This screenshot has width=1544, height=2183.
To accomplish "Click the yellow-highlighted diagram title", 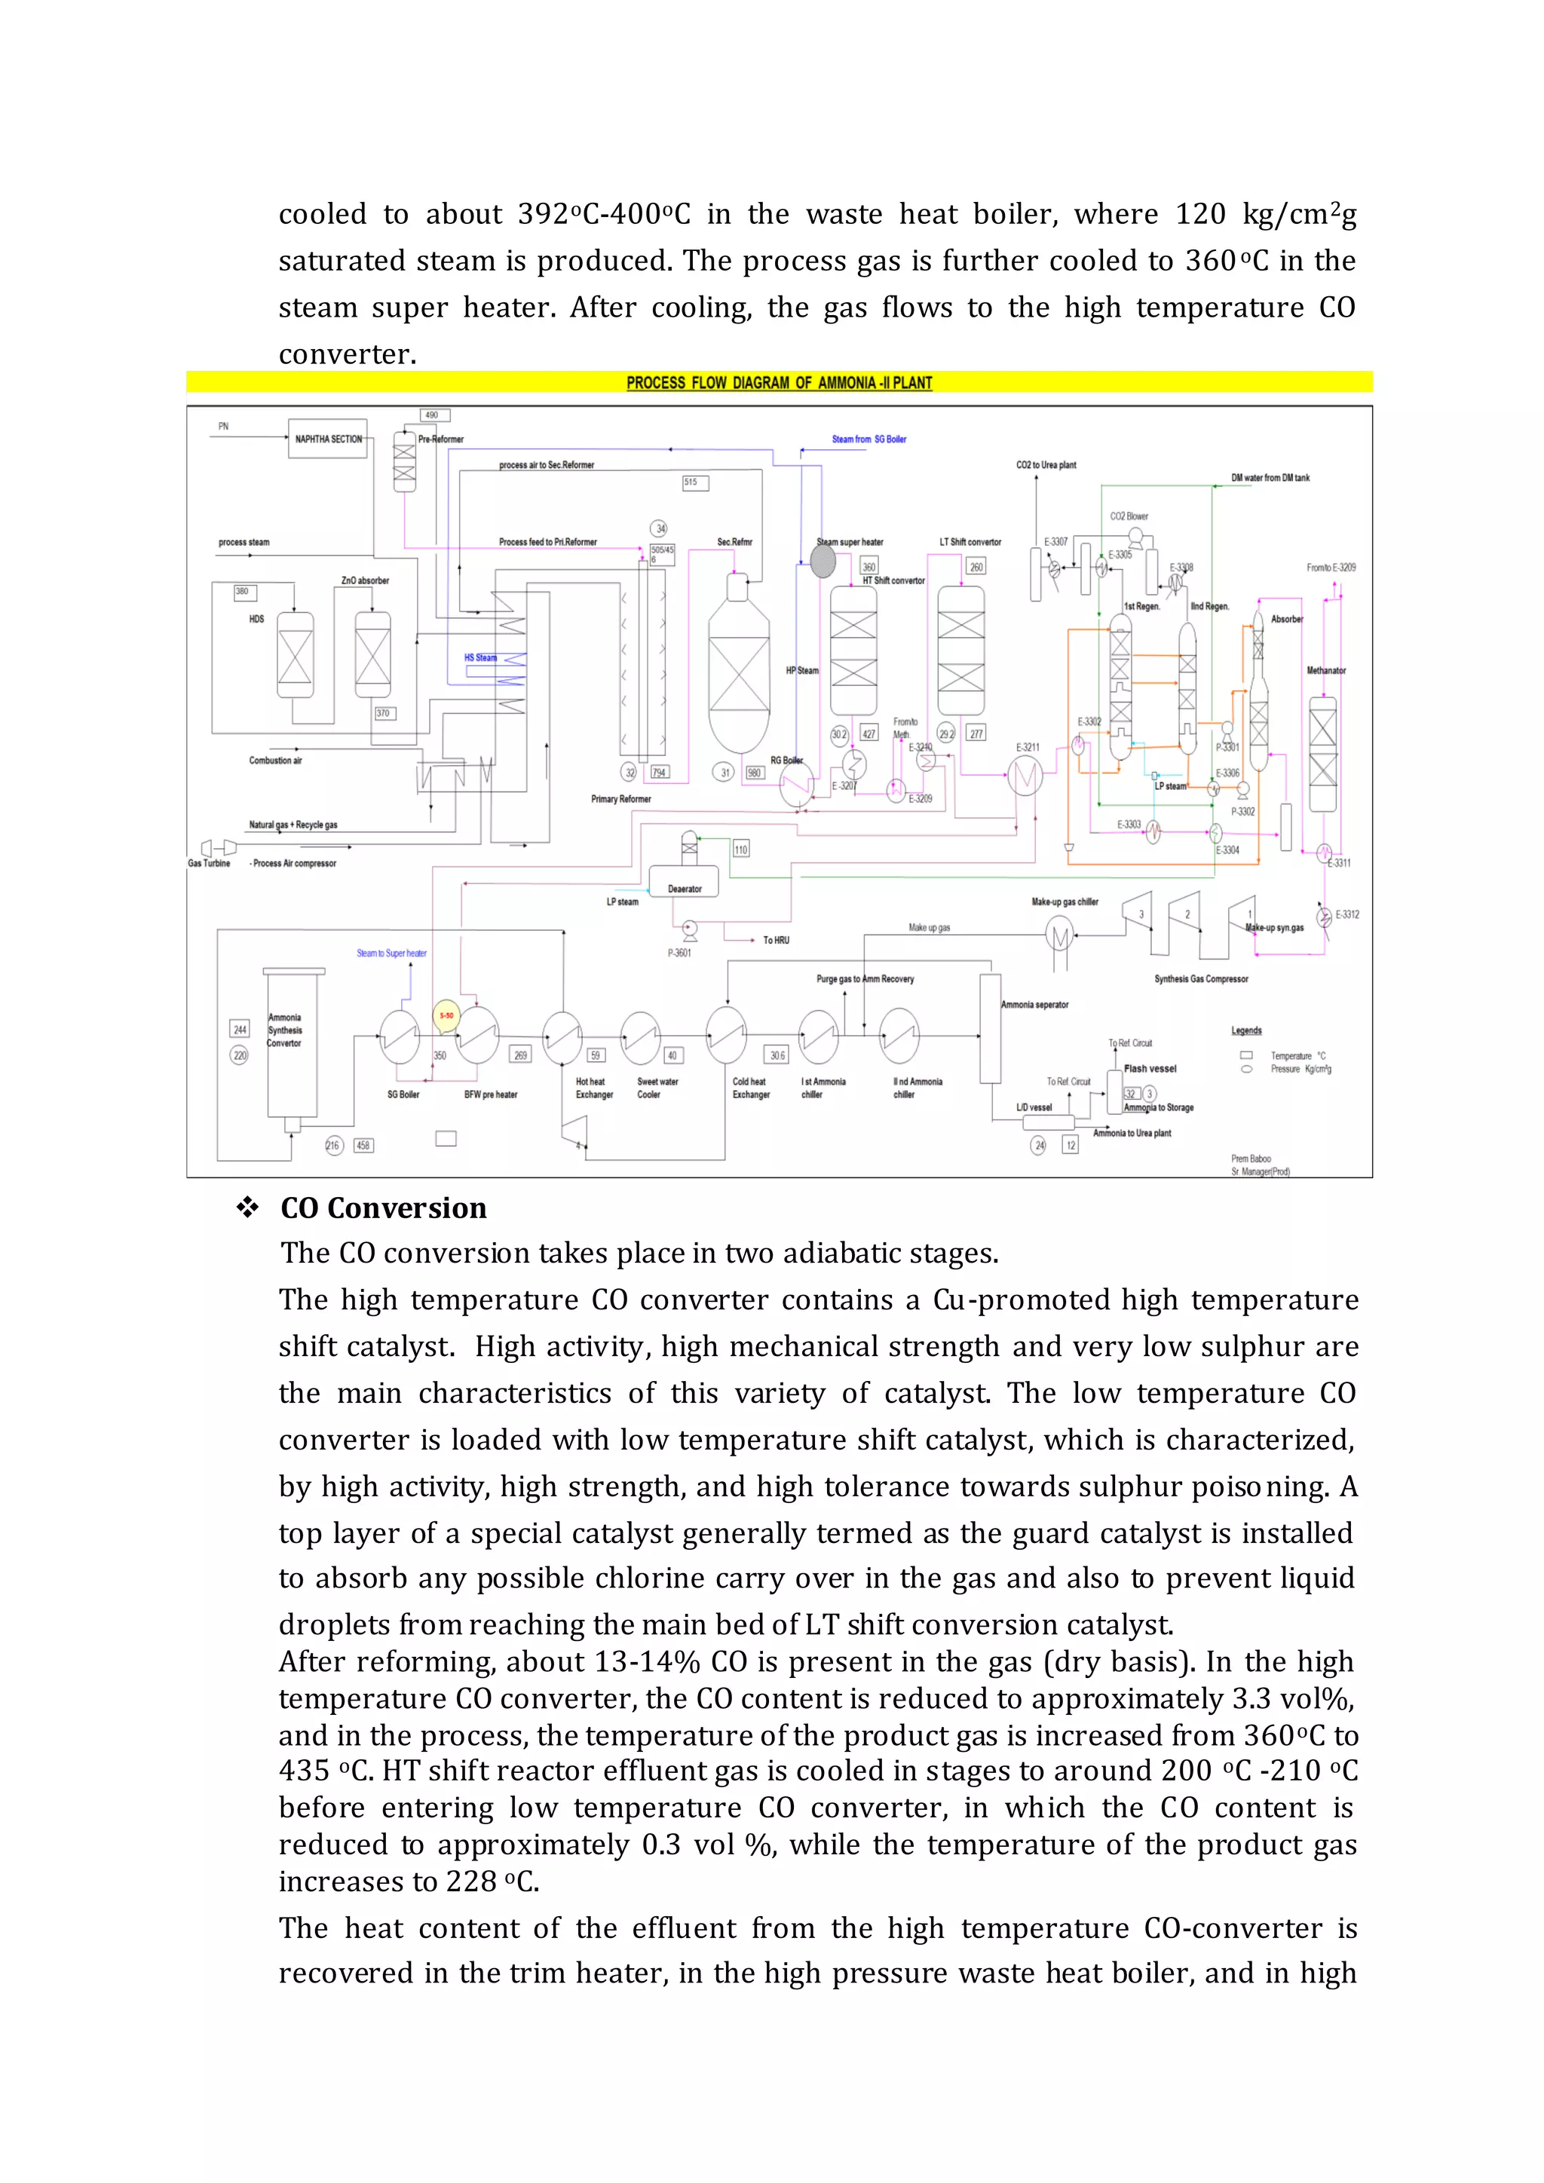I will (x=779, y=382).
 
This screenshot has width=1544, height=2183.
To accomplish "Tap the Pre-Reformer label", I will (x=441, y=439).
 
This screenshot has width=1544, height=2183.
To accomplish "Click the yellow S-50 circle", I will (x=446, y=1015).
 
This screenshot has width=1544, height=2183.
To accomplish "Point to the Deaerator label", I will (x=685, y=889).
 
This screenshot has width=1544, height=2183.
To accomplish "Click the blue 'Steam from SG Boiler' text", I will (x=869, y=439).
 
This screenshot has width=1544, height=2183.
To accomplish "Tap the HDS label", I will (x=256, y=619).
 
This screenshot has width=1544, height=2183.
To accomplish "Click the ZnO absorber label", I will (x=365, y=580).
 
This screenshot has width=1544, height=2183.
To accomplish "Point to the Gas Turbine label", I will (x=209, y=863).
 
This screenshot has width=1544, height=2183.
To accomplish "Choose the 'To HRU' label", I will (x=776, y=940).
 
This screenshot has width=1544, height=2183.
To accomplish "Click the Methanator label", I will (x=1325, y=670).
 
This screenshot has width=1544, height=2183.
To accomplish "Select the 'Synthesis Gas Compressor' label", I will (x=1201, y=978).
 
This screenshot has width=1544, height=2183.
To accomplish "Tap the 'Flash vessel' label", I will (x=1150, y=1069).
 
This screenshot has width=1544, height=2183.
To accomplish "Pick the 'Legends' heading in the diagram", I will (x=1246, y=1030).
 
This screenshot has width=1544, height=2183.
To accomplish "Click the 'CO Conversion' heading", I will (x=383, y=1208).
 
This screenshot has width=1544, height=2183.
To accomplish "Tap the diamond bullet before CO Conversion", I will (x=248, y=1208).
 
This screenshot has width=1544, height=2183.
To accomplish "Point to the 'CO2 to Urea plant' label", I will (x=1046, y=465).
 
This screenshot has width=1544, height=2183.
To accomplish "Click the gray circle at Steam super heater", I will (x=823, y=562).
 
